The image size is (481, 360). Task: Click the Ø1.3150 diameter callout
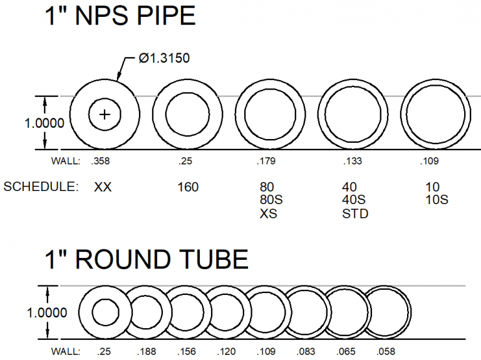[163, 59]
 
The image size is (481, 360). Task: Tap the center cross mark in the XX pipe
[105, 115]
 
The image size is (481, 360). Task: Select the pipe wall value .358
[101, 162]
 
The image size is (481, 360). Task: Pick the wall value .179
[266, 162]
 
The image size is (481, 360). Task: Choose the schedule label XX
[103, 187]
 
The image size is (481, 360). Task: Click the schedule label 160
[187, 187]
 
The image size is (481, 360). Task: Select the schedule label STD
[355, 214]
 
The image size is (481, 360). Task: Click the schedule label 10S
[435, 200]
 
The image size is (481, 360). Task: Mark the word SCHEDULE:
[40, 187]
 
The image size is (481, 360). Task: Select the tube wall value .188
[146, 351]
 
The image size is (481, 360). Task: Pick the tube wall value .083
[307, 351]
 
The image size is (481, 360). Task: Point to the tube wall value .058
[386, 351]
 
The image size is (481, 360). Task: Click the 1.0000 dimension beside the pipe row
[44, 123]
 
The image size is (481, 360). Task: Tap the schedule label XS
[268, 214]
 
